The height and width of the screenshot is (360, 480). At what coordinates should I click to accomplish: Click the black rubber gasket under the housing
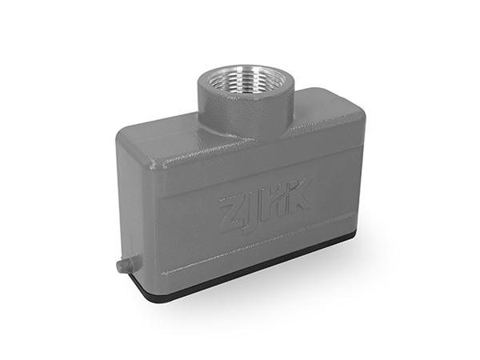tap(245, 275)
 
